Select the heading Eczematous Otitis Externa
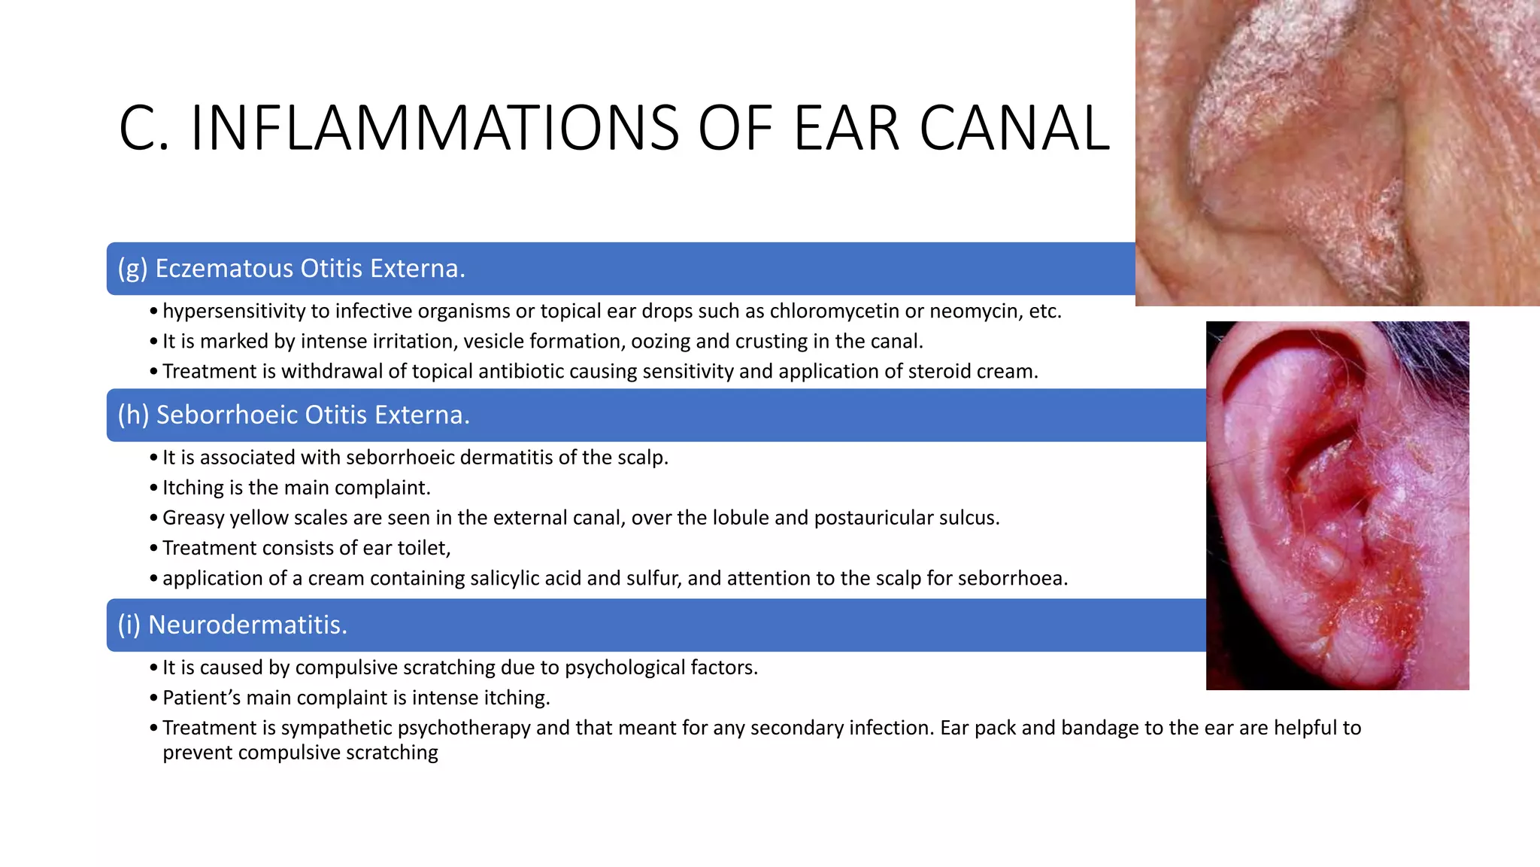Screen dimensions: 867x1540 pos(292,269)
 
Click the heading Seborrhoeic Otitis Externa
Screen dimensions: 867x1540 pos(294,415)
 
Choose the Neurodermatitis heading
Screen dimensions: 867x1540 pos(232,625)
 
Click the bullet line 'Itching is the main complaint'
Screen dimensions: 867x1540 pos(296,488)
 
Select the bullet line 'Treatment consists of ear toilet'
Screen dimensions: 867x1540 pos(306,548)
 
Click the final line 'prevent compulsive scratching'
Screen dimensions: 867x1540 pos(300,753)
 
